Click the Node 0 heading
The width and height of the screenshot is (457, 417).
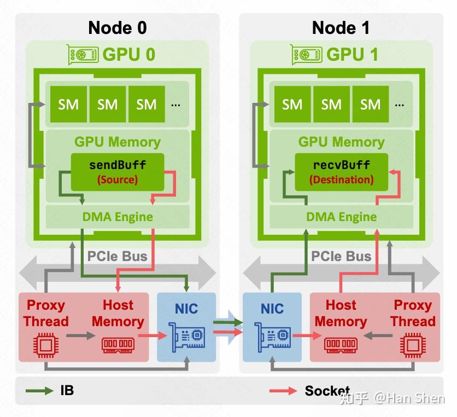(118, 27)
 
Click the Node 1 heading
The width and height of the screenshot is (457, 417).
(341, 27)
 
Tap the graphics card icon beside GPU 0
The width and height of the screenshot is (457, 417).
(83, 54)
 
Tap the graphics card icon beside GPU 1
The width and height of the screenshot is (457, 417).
(307, 54)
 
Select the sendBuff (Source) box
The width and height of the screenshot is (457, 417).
(118, 171)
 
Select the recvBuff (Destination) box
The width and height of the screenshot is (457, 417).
(341, 171)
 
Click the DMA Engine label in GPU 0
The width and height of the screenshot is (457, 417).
(118, 217)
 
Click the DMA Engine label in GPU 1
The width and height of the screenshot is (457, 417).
(341, 217)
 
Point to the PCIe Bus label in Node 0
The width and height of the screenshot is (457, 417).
(118, 256)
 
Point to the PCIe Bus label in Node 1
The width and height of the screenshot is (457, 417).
(341, 256)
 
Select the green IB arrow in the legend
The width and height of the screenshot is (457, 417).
(40, 391)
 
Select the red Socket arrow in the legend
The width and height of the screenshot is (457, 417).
(283, 391)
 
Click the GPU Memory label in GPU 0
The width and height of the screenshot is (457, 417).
(118, 142)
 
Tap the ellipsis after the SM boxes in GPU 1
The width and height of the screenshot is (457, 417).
(400, 104)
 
